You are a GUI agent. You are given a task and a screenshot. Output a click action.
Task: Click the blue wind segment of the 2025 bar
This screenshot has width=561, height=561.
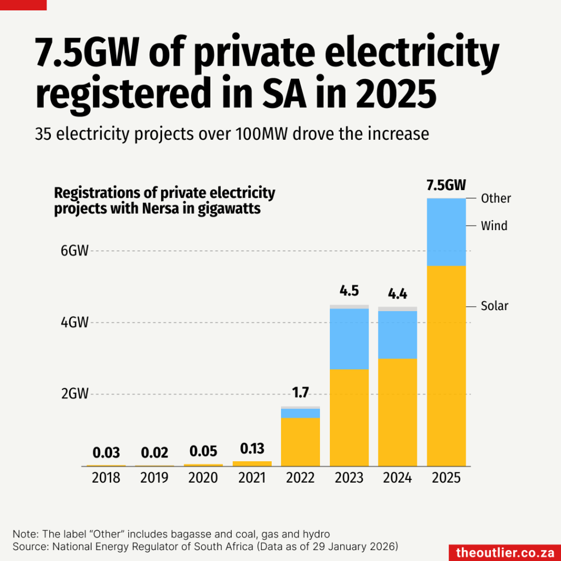point(446,232)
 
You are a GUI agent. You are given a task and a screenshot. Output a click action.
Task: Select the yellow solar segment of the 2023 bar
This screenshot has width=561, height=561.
point(349,417)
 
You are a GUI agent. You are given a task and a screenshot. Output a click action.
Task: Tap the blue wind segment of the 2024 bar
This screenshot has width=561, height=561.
point(397,335)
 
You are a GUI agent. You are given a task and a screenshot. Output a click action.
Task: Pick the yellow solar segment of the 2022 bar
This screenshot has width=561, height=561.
point(300,442)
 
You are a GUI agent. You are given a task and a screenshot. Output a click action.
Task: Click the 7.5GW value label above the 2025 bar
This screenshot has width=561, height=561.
point(446,185)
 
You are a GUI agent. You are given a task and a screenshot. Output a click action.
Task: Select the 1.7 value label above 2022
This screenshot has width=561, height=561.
point(300,393)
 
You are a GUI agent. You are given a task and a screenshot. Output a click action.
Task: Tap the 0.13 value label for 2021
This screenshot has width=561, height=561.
point(251,449)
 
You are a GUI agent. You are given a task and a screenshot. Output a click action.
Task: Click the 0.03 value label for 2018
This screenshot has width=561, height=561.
point(106,453)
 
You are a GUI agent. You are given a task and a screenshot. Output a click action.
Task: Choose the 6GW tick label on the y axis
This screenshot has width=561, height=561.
point(75,251)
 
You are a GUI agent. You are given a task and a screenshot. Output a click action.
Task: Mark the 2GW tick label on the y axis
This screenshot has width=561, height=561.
point(75,394)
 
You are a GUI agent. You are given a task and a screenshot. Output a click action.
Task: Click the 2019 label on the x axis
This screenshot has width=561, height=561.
point(154,478)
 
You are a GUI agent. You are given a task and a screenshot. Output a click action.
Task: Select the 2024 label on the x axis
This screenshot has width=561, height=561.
point(397,478)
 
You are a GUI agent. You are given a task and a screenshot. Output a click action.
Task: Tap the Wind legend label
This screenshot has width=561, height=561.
point(494,226)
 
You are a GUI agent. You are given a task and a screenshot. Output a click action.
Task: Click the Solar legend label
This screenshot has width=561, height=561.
point(495,306)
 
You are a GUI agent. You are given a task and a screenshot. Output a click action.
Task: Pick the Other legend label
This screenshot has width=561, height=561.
point(496,198)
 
